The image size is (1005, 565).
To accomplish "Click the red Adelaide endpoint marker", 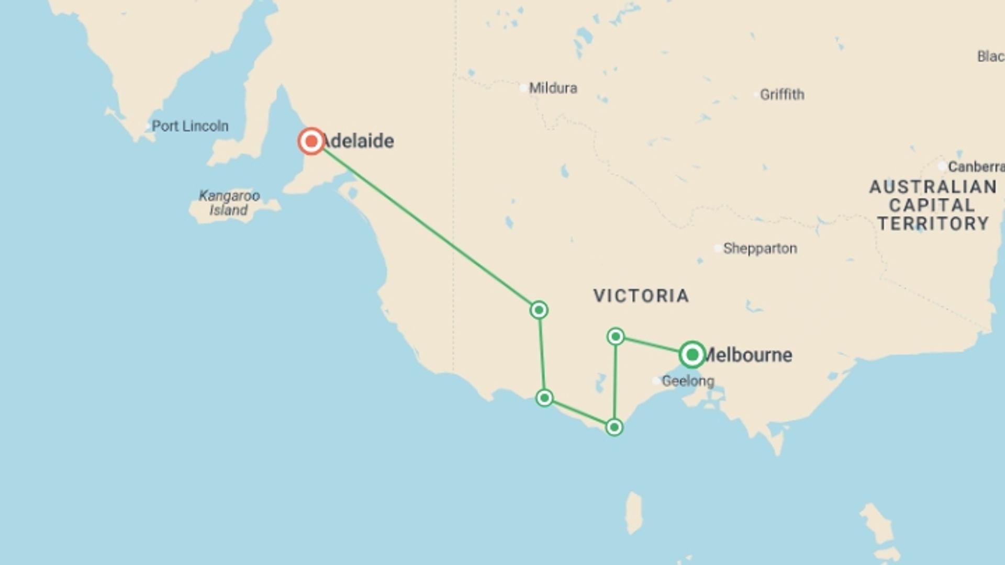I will click(x=311, y=141).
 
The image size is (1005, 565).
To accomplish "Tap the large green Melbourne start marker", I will click(x=692, y=355).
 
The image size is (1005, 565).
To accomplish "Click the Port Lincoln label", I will click(x=190, y=126).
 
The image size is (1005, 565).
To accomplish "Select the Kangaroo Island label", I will click(x=229, y=203).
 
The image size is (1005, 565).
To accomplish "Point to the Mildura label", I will click(x=553, y=88).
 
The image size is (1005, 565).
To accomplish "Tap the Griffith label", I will click(x=782, y=95).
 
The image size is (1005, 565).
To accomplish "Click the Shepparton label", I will click(x=760, y=248).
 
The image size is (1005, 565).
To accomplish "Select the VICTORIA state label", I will click(x=641, y=296).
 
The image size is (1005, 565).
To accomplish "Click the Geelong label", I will click(x=688, y=381).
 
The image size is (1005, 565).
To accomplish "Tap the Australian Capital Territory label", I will click(x=933, y=205).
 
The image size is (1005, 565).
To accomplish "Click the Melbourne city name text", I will click(x=749, y=355).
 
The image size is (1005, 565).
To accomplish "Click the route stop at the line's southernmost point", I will click(x=614, y=427).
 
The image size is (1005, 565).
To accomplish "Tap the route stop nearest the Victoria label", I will click(x=616, y=336).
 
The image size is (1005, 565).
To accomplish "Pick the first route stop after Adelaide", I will click(x=539, y=310).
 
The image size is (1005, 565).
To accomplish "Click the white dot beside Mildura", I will click(x=523, y=88).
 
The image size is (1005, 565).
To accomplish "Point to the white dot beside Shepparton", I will click(x=718, y=248).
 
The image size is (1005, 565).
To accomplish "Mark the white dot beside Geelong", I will click(x=656, y=381).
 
